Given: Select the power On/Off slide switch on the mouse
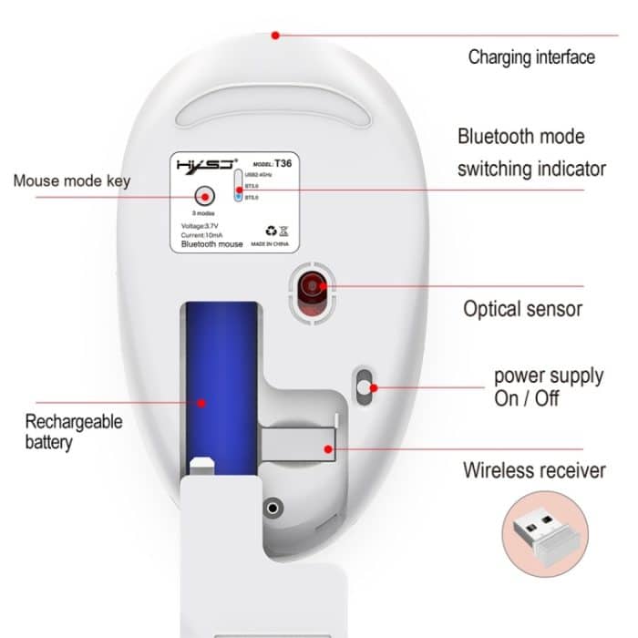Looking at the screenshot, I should (365, 386).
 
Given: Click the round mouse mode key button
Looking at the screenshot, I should (203, 196).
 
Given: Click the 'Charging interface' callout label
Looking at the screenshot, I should (530, 57).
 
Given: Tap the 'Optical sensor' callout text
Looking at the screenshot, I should (522, 308).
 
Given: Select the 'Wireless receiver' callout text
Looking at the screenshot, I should (533, 470).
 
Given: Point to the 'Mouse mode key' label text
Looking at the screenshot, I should (71, 180).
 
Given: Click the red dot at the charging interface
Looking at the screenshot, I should (275, 36).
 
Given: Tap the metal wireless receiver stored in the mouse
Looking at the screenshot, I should (296, 447).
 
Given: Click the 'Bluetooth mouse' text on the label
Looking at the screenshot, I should (211, 244).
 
